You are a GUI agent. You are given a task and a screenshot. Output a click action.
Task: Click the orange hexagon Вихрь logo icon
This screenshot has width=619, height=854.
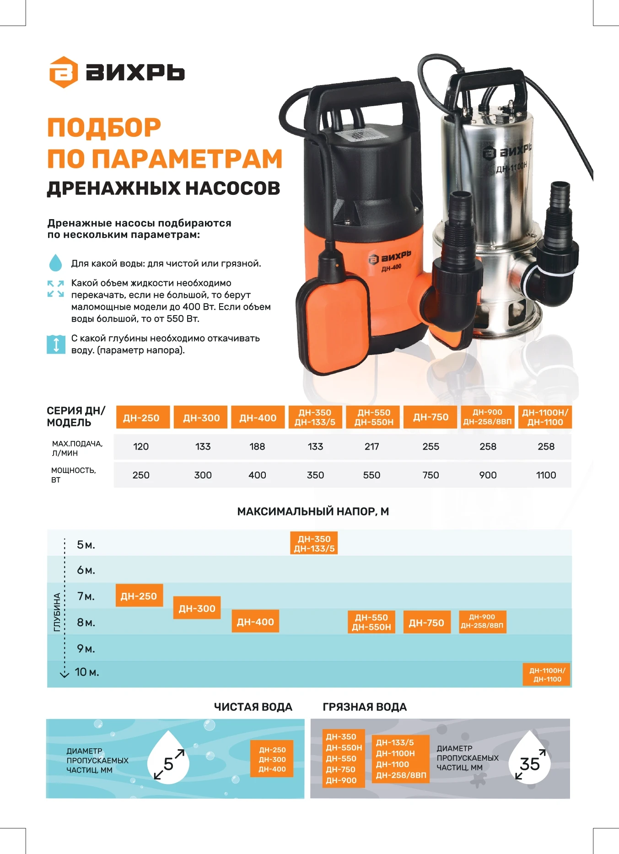click(x=64, y=72)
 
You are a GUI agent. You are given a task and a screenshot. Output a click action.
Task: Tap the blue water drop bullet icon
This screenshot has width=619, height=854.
click(x=55, y=263)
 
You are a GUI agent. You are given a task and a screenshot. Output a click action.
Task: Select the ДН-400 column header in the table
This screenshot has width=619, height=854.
click(x=258, y=418)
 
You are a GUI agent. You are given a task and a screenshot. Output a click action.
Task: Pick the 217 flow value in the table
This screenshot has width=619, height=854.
click(x=371, y=446)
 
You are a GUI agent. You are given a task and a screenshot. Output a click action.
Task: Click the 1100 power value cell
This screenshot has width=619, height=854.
click(x=546, y=475)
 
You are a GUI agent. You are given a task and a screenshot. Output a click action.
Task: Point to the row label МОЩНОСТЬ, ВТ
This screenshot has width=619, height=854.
click(x=73, y=475)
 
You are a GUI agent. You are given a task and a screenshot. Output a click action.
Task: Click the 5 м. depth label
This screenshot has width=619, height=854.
click(x=86, y=545)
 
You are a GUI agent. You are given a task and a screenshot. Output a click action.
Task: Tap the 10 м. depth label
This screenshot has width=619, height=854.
click(x=86, y=672)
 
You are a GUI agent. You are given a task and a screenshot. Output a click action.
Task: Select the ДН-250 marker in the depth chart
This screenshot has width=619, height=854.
click(x=139, y=596)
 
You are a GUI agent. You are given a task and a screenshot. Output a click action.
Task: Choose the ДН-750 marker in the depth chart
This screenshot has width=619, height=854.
click(x=426, y=622)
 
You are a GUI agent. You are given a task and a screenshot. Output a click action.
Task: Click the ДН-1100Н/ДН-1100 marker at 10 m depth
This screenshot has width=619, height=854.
click(x=547, y=675)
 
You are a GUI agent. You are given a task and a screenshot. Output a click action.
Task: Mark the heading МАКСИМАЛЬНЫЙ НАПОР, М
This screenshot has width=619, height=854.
click(x=313, y=511)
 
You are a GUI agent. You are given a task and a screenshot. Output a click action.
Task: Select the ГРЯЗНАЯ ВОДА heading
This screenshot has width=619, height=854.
click(x=365, y=707)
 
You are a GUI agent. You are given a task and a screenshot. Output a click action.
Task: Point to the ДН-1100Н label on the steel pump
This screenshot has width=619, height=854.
click(x=511, y=168)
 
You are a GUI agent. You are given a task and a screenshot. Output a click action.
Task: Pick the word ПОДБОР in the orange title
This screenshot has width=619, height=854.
click(x=104, y=128)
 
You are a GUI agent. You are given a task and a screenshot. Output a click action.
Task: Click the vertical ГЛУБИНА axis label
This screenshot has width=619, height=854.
click(x=57, y=612)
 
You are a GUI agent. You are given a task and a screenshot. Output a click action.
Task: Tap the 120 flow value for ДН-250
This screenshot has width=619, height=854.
click(x=141, y=446)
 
